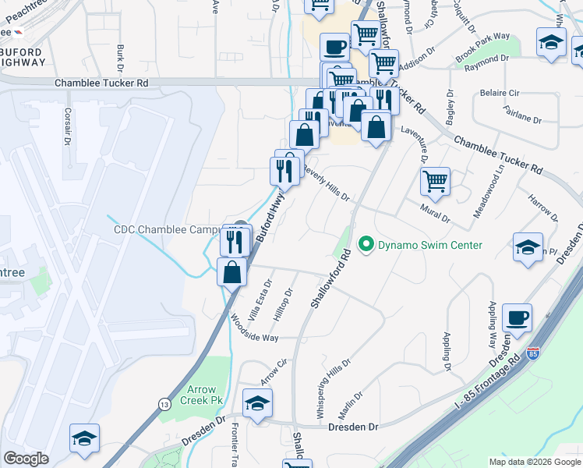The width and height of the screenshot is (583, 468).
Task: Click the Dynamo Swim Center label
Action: pos(430,246)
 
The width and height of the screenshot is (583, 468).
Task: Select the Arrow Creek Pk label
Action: pos(206,394)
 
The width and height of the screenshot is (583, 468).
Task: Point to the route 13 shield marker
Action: pos(164,403)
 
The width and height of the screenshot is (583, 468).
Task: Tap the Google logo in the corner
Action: pos(26,459)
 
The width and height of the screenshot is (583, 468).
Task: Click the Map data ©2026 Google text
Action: pos(535,462)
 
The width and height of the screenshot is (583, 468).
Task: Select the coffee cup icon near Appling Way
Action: pos(517,318)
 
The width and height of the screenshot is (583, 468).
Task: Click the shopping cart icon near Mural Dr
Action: pos(435,181)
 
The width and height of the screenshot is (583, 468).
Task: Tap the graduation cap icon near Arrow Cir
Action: pos(257,402)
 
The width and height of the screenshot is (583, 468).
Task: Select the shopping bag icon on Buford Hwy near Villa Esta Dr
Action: pos(231,272)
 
